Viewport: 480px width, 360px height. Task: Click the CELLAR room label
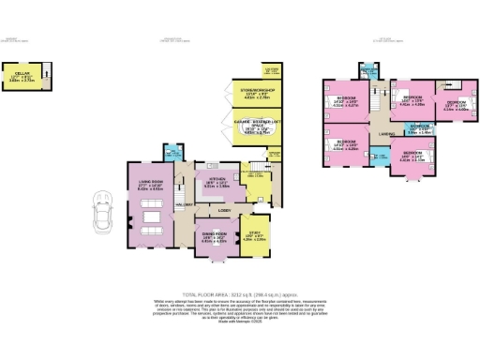click(20, 74)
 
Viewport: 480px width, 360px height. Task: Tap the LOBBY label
click(224, 210)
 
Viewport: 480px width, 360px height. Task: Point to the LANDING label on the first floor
click(386, 134)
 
